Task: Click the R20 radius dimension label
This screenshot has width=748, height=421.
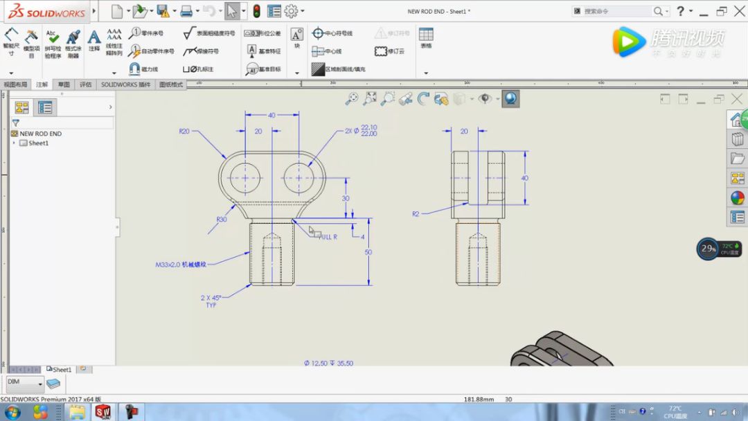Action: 184,131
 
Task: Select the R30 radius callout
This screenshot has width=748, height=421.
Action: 221,220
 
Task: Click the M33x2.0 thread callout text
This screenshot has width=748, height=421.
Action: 181,265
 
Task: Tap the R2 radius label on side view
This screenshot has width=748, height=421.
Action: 416,214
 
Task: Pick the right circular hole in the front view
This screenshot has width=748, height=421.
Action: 299,177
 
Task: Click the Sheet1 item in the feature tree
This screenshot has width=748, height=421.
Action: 38,143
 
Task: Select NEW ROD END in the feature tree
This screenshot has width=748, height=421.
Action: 40,134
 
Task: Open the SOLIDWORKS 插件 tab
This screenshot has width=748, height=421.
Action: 125,84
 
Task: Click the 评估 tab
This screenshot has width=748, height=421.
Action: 85,84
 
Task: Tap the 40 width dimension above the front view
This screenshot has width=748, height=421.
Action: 271,115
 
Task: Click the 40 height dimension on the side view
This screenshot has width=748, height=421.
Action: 524,178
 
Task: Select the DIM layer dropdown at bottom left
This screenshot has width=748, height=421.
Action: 25,382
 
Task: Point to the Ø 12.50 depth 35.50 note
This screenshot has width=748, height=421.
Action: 328,363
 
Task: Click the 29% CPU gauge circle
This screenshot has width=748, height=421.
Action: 708,249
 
